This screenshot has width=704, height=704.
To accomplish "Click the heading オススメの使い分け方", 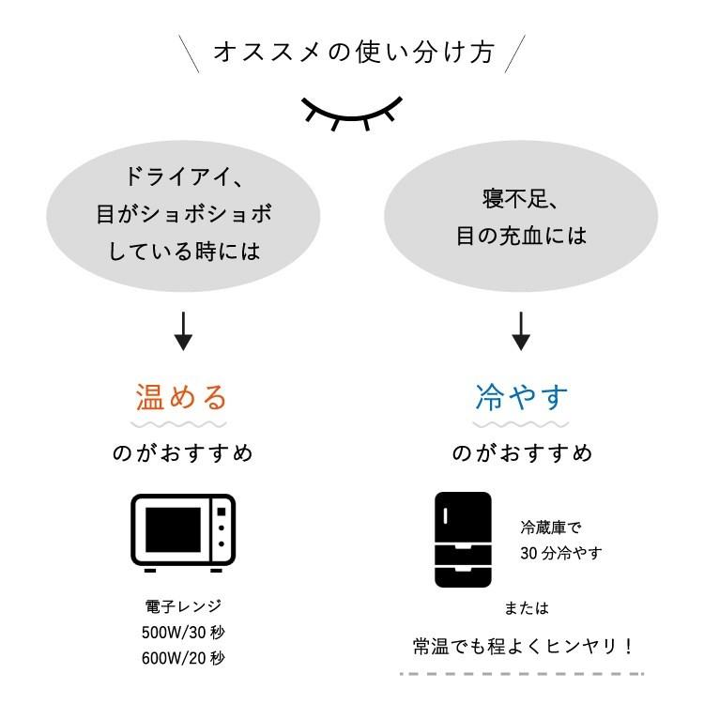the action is click(x=352, y=52).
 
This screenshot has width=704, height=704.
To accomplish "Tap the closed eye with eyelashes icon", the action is click(x=352, y=111).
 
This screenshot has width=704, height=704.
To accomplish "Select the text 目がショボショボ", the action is click(x=184, y=214).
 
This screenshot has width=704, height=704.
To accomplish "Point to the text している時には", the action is click(x=184, y=252).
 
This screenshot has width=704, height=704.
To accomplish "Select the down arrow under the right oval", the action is click(x=521, y=329).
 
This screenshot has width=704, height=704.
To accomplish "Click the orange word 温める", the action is click(x=183, y=397).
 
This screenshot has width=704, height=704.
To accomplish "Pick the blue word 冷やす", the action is click(x=522, y=397).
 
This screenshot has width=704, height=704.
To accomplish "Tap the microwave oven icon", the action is click(x=183, y=533).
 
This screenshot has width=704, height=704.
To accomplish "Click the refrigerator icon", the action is click(x=463, y=540).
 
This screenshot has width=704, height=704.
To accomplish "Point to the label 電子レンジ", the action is click(x=183, y=605).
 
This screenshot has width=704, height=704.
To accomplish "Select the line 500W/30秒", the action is click(x=183, y=631).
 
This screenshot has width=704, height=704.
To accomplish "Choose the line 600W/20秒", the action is click(x=183, y=657).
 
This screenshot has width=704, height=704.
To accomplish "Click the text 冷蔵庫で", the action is click(x=550, y=528).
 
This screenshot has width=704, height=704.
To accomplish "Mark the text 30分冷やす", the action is click(x=560, y=553).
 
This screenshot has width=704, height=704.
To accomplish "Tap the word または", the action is click(x=526, y=607).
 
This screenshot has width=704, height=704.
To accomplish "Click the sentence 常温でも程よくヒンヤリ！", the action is click(x=523, y=646).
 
